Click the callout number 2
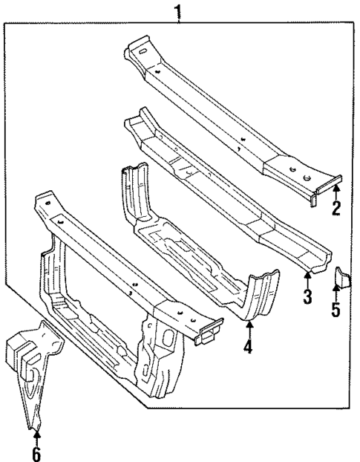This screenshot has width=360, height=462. tap(336, 209)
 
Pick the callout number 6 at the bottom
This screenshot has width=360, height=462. tap(36, 452)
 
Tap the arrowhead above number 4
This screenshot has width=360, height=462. tap(249, 327)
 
